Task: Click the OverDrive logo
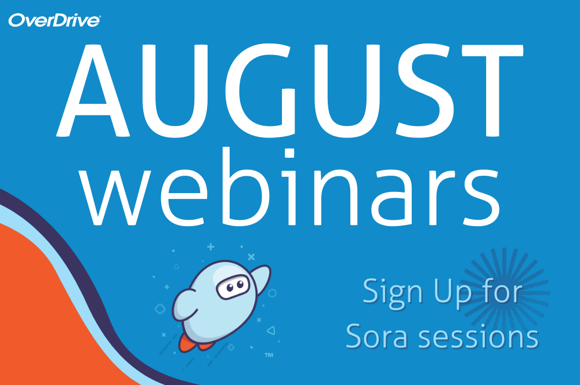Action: (x=55, y=21)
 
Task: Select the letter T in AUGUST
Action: (x=492, y=90)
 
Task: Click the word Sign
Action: (x=393, y=293)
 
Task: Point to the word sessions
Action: (x=478, y=336)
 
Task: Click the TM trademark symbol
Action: (x=269, y=355)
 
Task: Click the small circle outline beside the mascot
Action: (x=272, y=293)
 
